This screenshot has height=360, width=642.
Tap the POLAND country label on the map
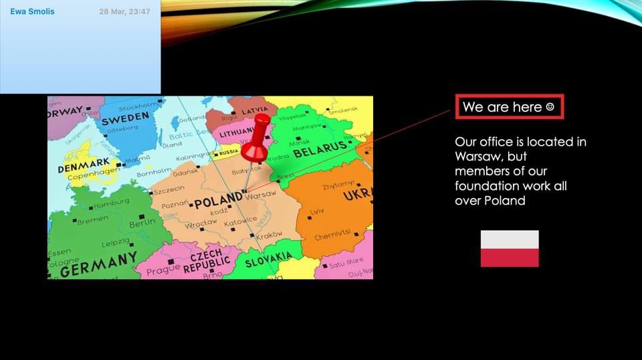pos(218,199)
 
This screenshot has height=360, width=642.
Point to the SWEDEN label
pos(125,117)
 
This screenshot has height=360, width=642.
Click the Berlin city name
pos(142,223)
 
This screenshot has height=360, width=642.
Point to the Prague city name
pos(163,270)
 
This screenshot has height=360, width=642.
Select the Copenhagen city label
pos(94,173)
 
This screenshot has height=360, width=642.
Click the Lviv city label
pos(316,213)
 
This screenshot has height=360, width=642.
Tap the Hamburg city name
pos(111,202)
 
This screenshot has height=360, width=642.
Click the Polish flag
pos(510,248)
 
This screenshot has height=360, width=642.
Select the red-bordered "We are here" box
pos(510,107)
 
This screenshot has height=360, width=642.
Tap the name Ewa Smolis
pos(32,11)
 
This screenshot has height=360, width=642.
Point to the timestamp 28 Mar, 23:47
pos(124,11)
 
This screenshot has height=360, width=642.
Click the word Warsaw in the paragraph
pos(477,156)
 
